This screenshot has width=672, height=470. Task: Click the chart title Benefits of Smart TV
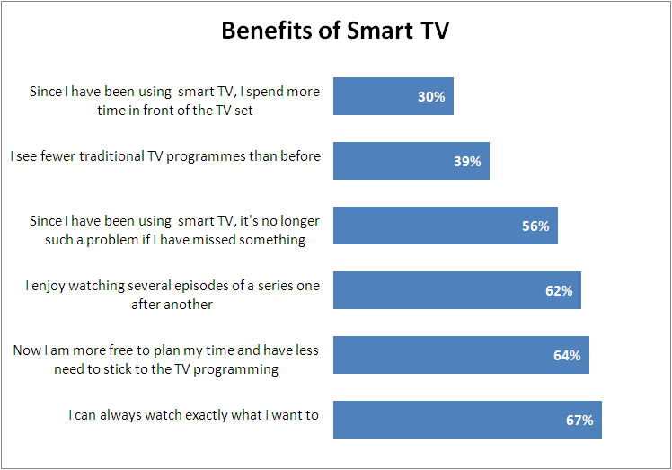[x=335, y=31]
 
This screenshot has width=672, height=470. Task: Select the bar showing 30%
[x=393, y=96]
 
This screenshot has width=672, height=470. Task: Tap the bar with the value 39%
[x=411, y=161]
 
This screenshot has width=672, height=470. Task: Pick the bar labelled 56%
[x=445, y=226]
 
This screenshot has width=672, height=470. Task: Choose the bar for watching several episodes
[x=456, y=290]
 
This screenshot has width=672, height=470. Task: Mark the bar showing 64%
[x=461, y=355]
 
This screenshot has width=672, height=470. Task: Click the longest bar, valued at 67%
[x=467, y=420]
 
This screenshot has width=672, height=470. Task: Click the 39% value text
[x=467, y=162]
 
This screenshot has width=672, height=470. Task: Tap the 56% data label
[x=535, y=226]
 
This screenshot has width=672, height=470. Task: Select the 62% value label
[x=559, y=291]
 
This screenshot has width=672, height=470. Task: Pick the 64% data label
[x=567, y=356]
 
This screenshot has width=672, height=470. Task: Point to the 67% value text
[x=579, y=421]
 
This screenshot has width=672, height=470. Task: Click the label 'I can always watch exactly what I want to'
[x=194, y=415]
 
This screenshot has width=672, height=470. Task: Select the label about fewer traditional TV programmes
[x=165, y=156]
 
